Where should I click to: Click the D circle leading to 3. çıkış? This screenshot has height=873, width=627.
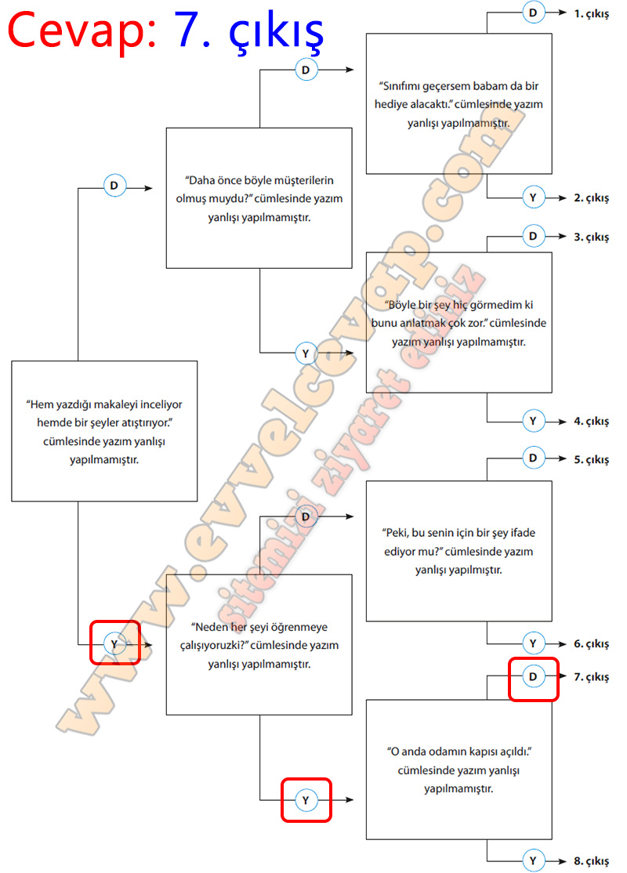pos(533,236)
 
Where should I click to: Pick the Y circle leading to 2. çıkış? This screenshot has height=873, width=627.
pos(533,198)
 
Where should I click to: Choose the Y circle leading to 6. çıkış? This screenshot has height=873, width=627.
pos(533,643)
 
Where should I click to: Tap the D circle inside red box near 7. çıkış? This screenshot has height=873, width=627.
pos(533,676)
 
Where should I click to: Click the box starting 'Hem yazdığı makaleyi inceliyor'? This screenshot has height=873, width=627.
pos(104,431)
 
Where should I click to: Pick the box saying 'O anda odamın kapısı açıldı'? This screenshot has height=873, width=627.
pos(459,770)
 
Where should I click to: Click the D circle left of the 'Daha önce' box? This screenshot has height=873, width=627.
pos(114,187)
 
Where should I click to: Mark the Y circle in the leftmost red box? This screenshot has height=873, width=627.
pos(114,643)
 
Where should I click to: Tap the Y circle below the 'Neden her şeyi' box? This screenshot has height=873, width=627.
pos(306,799)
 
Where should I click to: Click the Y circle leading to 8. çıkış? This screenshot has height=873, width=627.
pos(533,860)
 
